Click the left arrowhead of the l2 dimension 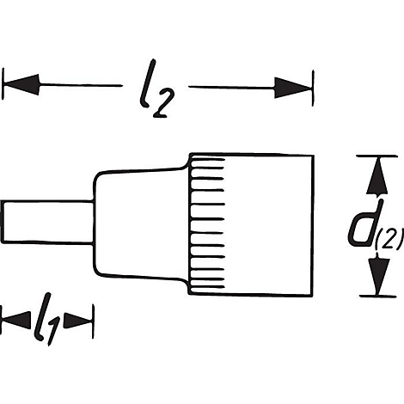21,85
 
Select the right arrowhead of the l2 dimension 292,85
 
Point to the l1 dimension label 48,323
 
